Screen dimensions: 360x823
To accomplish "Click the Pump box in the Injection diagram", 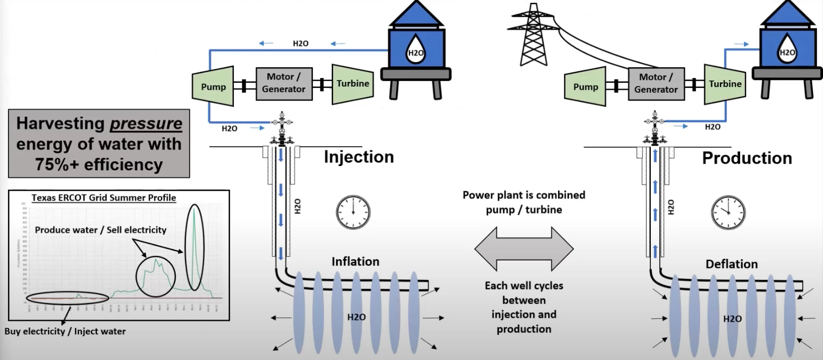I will (x=212, y=87).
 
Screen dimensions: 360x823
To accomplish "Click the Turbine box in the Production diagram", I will (x=725, y=84).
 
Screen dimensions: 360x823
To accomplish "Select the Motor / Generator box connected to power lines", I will (x=655, y=84).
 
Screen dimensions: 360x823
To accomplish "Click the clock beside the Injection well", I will (x=353, y=212).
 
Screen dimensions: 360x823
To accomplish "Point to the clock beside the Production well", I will (x=728, y=212).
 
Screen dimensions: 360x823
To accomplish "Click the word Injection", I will (x=359, y=157).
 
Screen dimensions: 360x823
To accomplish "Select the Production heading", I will (x=747, y=158).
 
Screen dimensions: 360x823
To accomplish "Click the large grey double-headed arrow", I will (x=524, y=249).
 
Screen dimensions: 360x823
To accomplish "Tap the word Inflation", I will (x=355, y=262).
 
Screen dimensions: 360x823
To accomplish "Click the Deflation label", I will (x=731, y=264).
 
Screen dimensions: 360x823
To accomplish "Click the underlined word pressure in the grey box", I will (x=146, y=123).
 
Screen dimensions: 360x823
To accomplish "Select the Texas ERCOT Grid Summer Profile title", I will (x=104, y=198).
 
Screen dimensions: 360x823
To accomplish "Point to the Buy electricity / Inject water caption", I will (x=65, y=331).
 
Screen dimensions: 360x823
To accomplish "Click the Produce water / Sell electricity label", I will (x=100, y=230).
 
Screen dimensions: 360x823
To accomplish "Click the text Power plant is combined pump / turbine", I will (x=524, y=202).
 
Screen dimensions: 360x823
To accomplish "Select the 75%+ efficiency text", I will (x=99, y=165).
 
